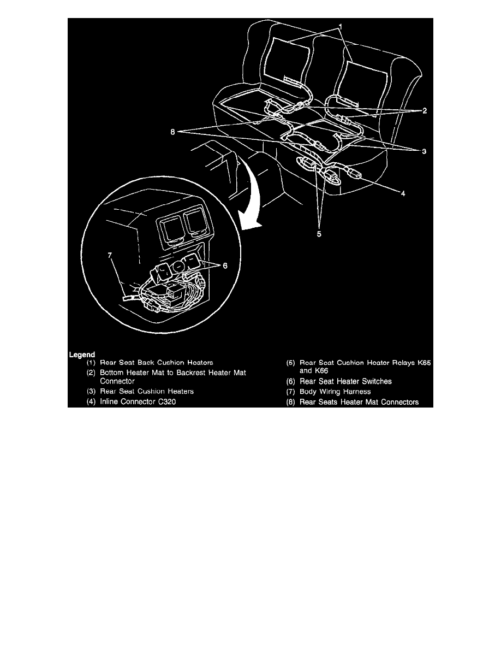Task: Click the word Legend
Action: coord(82,355)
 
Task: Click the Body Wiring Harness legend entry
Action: coord(335,392)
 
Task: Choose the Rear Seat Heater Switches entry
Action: coord(345,381)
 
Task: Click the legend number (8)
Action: coord(292,402)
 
